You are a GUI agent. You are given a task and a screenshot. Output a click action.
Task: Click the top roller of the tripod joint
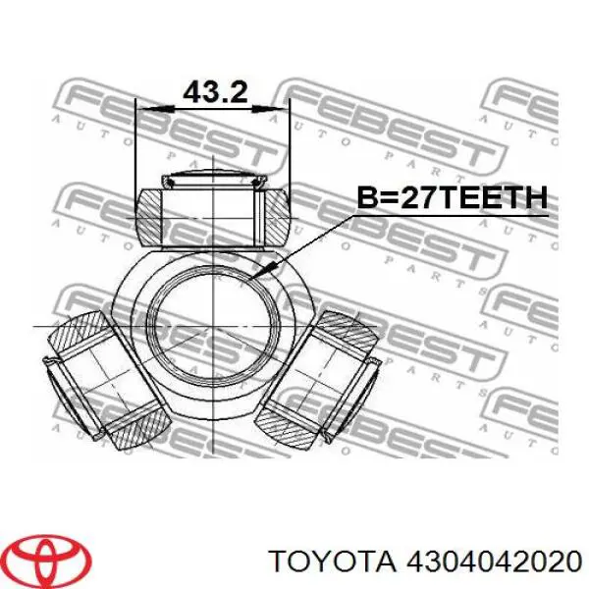click(214, 213)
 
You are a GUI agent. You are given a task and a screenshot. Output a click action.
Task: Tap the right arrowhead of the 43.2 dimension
click(286, 108)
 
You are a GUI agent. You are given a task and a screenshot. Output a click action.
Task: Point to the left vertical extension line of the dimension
click(134, 147)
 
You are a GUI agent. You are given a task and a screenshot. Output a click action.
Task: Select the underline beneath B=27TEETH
click(451, 215)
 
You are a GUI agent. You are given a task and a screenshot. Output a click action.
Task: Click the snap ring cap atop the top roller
click(214, 181)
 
